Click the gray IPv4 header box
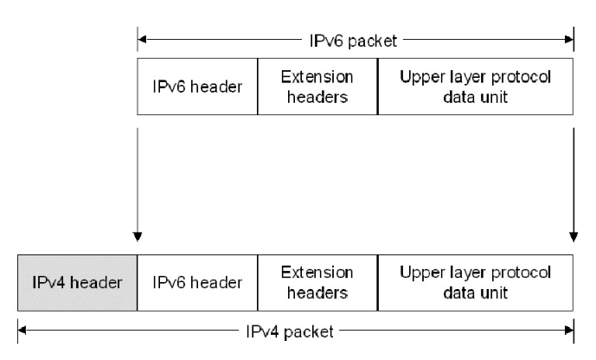pyautogui.click(x=77, y=283)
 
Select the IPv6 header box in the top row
pyautogui.click(x=197, y=87)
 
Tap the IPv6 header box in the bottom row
pyautogui.click(x=197, y=283)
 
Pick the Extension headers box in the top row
pyautogui.click(x=317, y=87)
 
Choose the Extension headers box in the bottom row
pyautogui.click(x=317, y=283)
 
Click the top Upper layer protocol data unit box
pyautogui.click(x=475, y=87)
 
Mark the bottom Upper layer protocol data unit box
pyautogui.click(x=475, y=283)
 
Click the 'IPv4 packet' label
pyautogui.click(x=293, y=330)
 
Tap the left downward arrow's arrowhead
pyautogui.click(x=138, y=236)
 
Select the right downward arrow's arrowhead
pyautogui.click(x=573, y=236)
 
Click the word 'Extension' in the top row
pyautogui.click(x=317, y=78)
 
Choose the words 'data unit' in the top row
pyautogui.click(x=475, y=96)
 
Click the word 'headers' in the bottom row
pyautogui.click(x=317, y=292)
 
